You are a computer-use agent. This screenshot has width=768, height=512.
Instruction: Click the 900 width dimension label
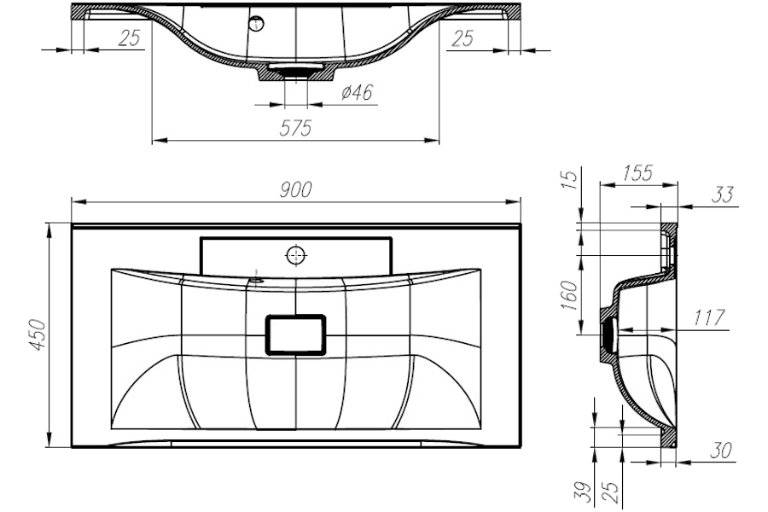pos(295,189)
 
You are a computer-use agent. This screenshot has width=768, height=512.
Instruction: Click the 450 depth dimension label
pos(38,335)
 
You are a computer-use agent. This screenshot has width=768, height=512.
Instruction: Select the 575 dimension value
pos(295,128)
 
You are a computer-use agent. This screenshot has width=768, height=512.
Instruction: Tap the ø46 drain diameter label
pos(357,92)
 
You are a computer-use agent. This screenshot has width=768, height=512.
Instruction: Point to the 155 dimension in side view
pos(637,173)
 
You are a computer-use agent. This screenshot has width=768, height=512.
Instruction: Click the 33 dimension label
pos(723,195)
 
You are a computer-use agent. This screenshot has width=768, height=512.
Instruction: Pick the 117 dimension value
pos(708,318)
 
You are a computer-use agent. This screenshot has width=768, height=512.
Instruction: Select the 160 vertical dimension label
pos(569,295)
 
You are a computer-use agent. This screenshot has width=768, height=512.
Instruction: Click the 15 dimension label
pos(569,179)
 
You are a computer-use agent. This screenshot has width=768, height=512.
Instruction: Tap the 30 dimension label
pos(721,451)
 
